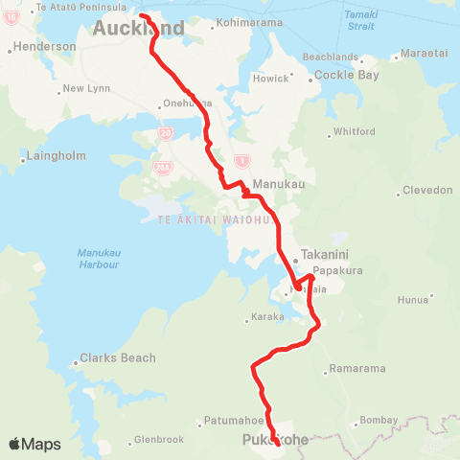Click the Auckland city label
[x=138, y=29]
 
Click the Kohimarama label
[x=254, y=22]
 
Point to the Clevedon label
[x=427, y=190]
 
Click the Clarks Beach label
[x=117, y=358]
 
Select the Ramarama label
[x=356, y=369]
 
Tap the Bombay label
[x=380, y=421]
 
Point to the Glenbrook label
[x=158, y=440]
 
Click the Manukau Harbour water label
[x=98, y=258]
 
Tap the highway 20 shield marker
[x=166, y=132]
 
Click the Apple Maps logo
[x=34, y=444]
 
